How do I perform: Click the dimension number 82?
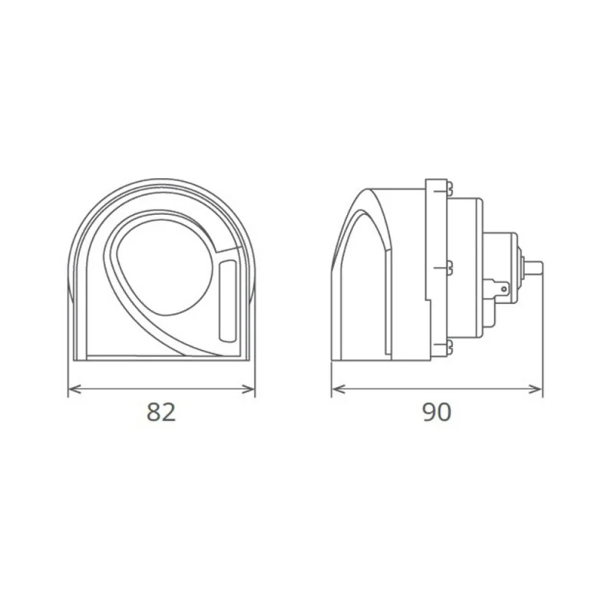point(162,413)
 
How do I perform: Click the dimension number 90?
point(437,413)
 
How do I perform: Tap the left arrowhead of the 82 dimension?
point(72,391)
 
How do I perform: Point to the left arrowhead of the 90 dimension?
point(335,391)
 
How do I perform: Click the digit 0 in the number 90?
point(444,413)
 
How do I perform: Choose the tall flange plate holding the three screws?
point(435,269)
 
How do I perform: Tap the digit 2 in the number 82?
point(170,413)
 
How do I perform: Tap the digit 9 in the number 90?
point(429,413)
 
